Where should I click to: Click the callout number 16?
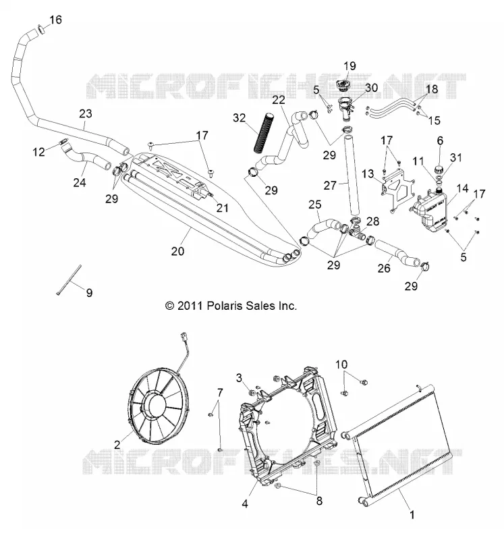[x=55, y=20]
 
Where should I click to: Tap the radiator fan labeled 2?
[x=159, y=406]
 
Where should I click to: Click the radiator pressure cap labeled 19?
[x=343, y=86]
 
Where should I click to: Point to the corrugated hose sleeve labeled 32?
[x=263, y=132]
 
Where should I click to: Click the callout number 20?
[x=177, y=251]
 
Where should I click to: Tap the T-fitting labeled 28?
[x=356, y=229]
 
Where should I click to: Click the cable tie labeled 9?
[x=69, y=279]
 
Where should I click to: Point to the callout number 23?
[x=86, y=113]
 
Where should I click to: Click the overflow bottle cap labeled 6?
[x=439, y=169]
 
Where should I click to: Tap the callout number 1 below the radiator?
[x=412, y=515]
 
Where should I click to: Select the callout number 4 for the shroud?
[x=245, y=504]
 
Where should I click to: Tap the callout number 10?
[x=341, y=364]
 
